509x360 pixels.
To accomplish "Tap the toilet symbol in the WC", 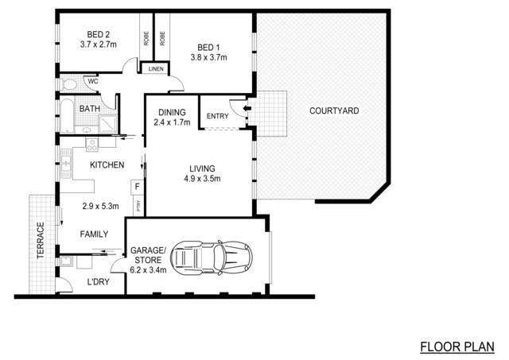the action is (x=68, y=84).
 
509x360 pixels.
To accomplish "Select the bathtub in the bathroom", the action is (x=67, y=116).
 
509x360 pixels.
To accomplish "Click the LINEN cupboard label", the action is (x=156, y=69).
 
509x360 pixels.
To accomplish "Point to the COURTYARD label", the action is (x=334, y=111).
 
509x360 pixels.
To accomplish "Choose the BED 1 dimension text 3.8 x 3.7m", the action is (x=208, y=58).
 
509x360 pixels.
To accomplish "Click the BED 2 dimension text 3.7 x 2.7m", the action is (x=99, y=45).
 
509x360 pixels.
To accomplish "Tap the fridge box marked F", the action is (x=138, y=187).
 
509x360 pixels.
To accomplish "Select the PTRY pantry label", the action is (x=138, y=206).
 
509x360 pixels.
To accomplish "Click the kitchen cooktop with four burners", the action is (x=92, y=145).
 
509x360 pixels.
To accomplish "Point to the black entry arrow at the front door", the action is (x=247, y=108).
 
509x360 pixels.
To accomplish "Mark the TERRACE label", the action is (x=41, y=240).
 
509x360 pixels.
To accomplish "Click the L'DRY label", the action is (x=99, y=282).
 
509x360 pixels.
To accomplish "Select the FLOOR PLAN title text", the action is (x=457, y=346).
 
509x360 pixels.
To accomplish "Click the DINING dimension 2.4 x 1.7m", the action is (x=172, y=122).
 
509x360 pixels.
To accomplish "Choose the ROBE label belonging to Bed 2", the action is (x=146, y=38).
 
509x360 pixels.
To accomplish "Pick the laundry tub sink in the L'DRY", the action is (x=67, y=261).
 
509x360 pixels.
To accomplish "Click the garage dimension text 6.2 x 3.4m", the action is (x=148, y=270).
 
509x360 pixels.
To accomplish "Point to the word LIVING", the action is (x=202, y=168).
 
